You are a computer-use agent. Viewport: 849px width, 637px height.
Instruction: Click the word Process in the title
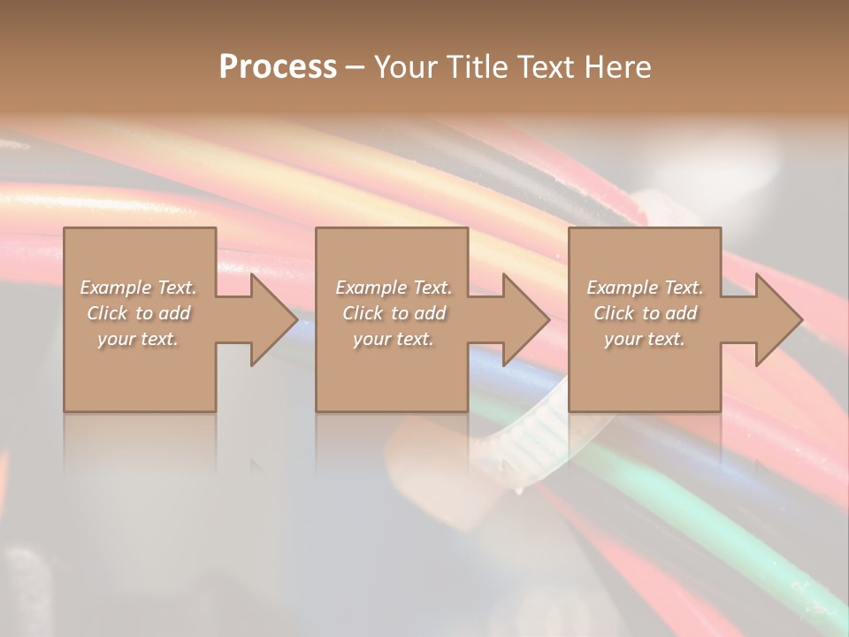pyautogui.click(x=278, y=67)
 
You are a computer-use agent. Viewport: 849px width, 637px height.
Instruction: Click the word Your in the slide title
pyautogui.click(x=406, y=67)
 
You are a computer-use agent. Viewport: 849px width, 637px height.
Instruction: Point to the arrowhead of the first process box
pyautogui.click(x=274, y=319)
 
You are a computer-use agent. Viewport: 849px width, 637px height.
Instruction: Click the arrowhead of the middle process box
pyautogui.click(x=526, y=319)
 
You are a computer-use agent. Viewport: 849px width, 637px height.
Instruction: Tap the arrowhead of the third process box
pyautogui.click(x=779, y=319)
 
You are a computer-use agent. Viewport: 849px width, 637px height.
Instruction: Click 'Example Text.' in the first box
pyautogui.click(x=138, y=288)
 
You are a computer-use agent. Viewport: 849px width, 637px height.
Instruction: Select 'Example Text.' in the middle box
pyautogui.click(x=394, y=288)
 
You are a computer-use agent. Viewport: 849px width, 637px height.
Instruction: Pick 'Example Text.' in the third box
pyautogui.click(x=645, y=288)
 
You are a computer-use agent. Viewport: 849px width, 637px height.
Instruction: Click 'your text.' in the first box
pyautogui.click(x=138, y=339)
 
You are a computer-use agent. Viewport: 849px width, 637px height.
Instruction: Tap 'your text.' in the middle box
pyautogui.click(x=394, y=339)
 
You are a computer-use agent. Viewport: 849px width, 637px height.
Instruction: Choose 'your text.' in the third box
pyautogui.click(x=645, y=339)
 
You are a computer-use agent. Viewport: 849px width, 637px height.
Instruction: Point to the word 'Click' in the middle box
pyautogui.click(x=363, y=313)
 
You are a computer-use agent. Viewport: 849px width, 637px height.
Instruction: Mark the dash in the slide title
pyautogui.click(x=356, y=68)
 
